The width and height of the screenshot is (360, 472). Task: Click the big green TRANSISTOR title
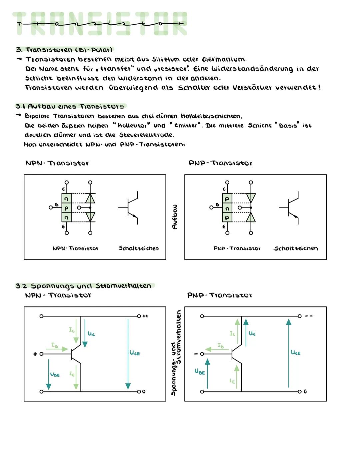click(100, 24)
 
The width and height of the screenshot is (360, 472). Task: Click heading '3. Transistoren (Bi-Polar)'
click(64, 50)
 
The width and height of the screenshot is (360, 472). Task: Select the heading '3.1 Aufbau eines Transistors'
click(70, 107)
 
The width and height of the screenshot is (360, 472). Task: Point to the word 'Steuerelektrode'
click(146, 135)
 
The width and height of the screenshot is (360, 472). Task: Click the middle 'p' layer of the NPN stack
click(66, 208)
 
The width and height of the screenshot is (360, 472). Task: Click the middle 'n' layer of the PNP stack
click(227, 208)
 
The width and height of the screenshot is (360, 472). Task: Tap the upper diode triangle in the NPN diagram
click(90, 198)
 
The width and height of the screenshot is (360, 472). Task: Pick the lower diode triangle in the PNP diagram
click(251, 217)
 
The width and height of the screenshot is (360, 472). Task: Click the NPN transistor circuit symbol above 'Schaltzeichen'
click(130, 208)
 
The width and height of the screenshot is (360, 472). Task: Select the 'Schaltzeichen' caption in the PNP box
click(296, 248)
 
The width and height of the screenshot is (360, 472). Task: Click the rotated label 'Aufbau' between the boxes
click(175, 217)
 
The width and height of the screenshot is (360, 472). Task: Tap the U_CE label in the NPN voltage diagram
click(134, 353)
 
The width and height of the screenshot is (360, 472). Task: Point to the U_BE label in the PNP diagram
click(200, 371)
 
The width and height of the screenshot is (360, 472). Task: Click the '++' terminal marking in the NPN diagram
click(145, 316)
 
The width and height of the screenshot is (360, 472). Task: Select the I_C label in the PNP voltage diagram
click(232, 333)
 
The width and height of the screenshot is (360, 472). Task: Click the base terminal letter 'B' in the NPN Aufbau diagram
click(56, 205)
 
